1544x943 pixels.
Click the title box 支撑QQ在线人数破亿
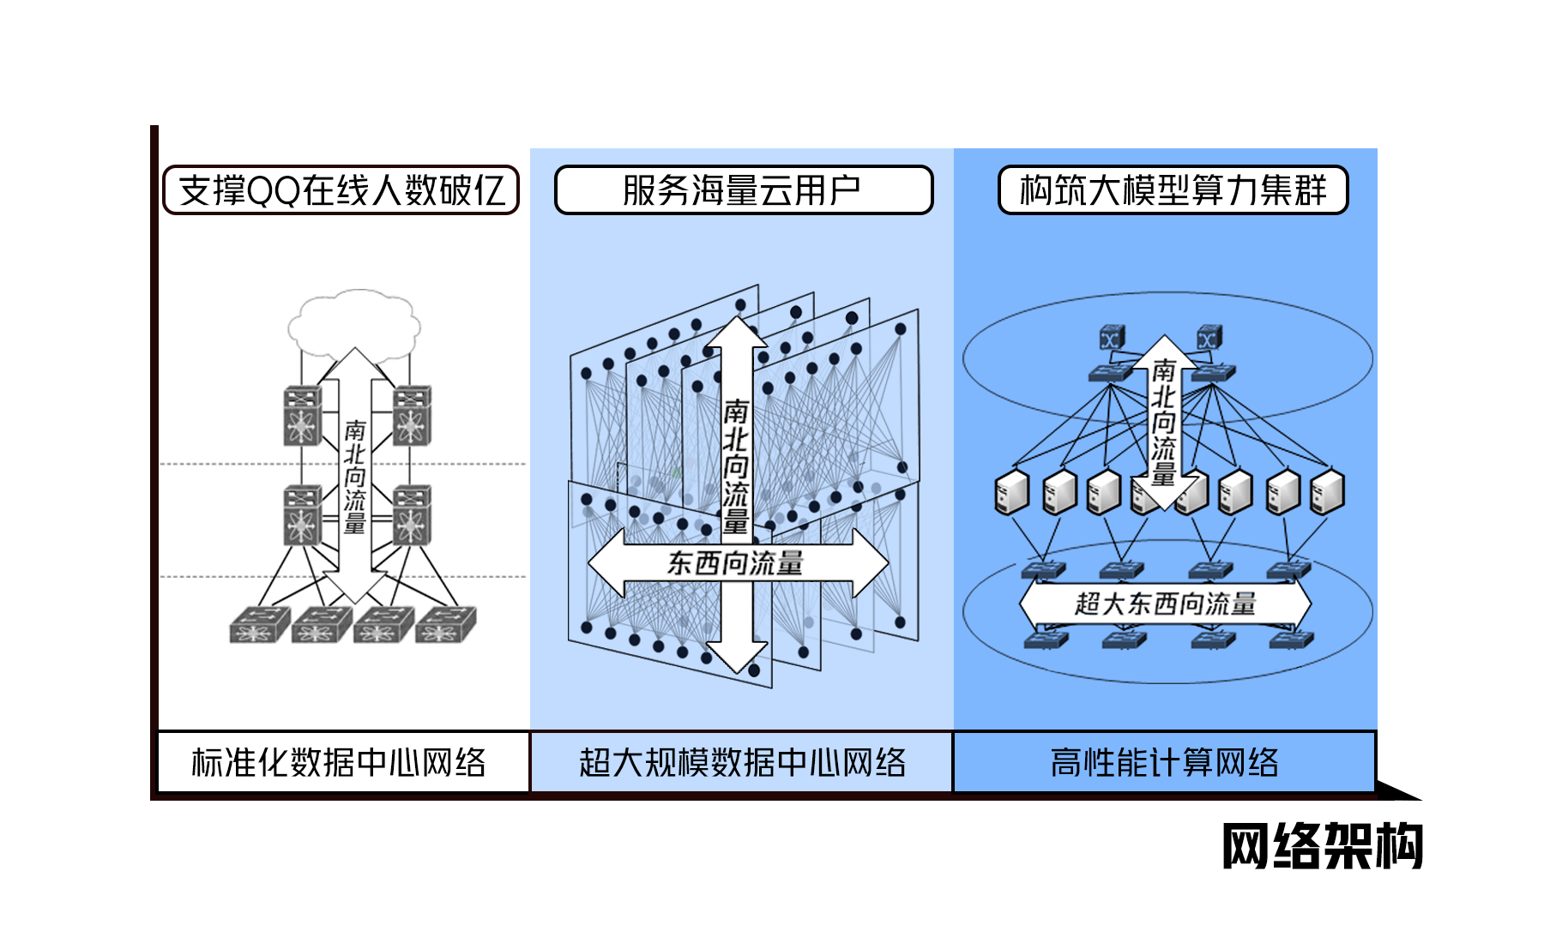(x=341, y=190)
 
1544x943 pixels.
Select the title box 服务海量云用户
(x=743, y=190)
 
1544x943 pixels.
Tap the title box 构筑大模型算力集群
(x=1173, y=190)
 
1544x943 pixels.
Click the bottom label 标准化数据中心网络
(x=341, y=762)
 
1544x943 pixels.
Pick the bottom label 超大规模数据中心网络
(x=742, y=762)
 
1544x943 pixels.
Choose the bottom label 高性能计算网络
(x=1164, y=762)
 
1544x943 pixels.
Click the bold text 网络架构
(x=1322, y=846)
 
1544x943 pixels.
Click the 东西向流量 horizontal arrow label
(x=736, y=563)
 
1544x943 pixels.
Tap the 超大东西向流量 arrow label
(x=1165, y=604)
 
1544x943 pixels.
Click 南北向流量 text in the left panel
(x=355, y=477)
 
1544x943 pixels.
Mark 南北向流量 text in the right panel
(x=1163, y=423)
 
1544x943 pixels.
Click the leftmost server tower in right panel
(x=1011, y=492)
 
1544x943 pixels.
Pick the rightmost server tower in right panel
(x=1328, y=492)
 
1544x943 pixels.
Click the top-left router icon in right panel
(x=1113, y=338)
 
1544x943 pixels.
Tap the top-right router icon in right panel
(x=1209, y=337)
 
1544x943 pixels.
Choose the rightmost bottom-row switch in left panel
(x=445, y=626)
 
